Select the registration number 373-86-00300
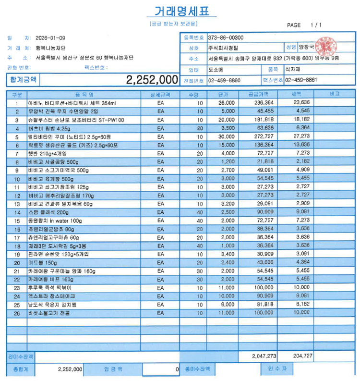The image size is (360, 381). [x=226, y=37]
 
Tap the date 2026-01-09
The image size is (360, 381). [x=50, y=38]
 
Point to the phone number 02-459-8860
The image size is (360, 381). [x=224, y=80]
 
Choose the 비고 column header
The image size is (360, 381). [x=335, y=94]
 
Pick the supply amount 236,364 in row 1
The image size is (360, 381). [x=264, y=103]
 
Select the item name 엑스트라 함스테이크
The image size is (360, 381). [x=51, y=296]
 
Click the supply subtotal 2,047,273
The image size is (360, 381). [x=264, y=356]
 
